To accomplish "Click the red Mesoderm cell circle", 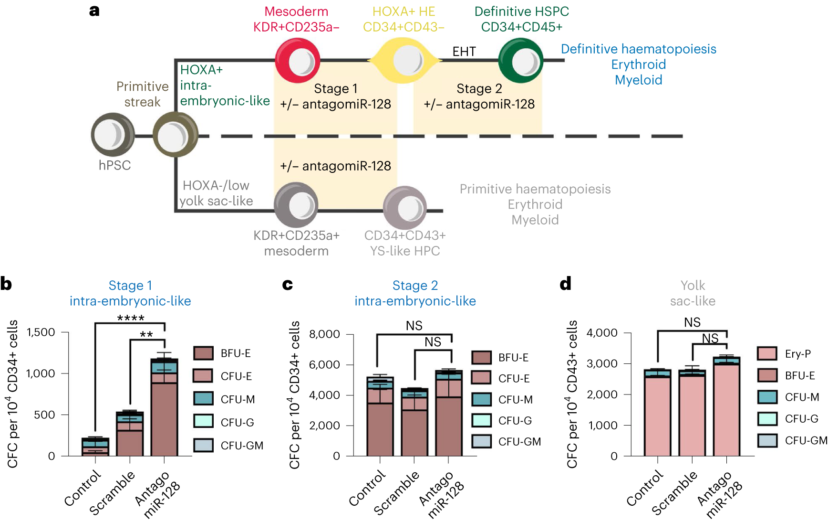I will click(298, 61).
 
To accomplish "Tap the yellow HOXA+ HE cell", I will click(404, 61).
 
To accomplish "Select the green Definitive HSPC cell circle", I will click(520, 61).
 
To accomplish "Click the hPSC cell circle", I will click(113, 135).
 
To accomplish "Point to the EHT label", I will click(464, 52).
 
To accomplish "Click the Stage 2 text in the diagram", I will click(479, 89).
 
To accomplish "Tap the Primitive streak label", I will click(142, 94).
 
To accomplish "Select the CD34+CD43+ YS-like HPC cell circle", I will click(405, 207).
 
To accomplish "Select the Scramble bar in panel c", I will click(414, 422).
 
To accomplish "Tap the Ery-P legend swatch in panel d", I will click(767, 353).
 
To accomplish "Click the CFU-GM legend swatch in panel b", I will click(203, 445).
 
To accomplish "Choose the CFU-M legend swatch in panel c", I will click(481, 399).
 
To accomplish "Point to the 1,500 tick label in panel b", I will click(41, 332).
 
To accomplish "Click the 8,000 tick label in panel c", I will click(324, 334).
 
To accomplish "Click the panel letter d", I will click(565, 284).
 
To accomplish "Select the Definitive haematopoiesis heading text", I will click(638, 49).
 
